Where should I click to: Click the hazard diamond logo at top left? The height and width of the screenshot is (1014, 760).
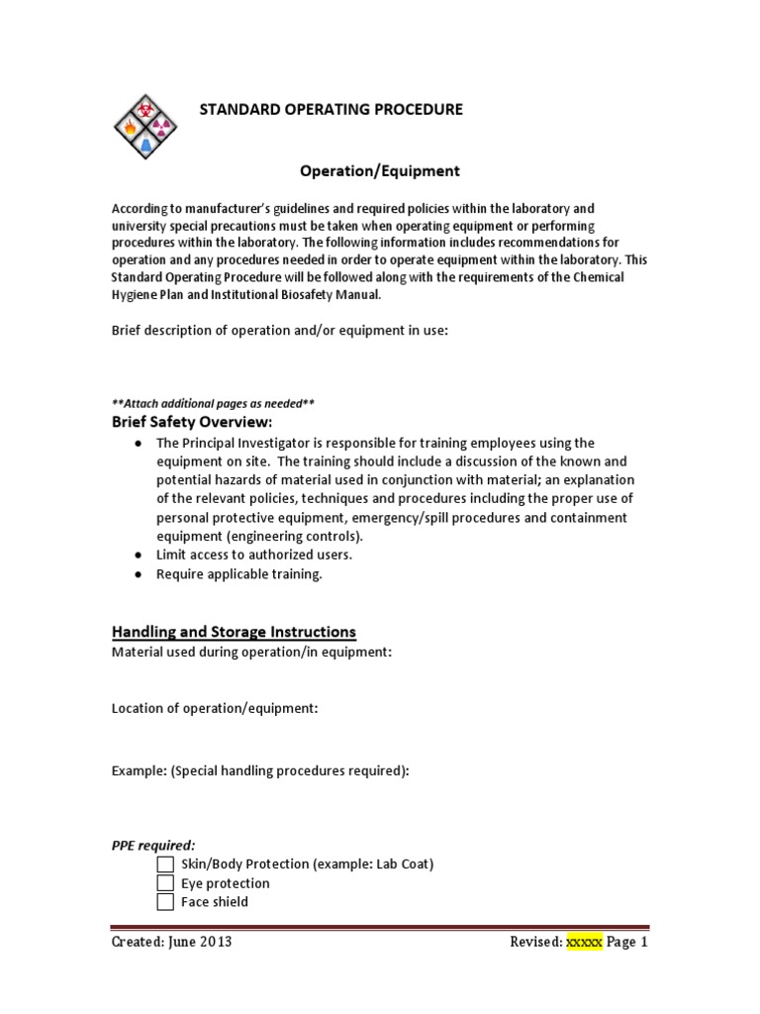click(x=145, y=128)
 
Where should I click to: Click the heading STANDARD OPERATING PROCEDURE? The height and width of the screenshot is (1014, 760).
click(x=332, y=109)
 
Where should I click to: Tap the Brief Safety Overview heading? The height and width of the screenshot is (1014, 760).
click(x=191, y=423)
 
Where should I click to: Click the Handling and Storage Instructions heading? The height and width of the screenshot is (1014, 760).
click(x=234, y=632)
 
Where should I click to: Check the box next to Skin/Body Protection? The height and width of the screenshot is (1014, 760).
click(x=165, y=864)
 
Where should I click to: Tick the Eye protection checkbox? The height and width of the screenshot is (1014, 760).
click(x=165, y=883)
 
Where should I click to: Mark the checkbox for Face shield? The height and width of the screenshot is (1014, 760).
click(x=165, y=902)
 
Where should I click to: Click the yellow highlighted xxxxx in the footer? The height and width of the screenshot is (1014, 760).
click(x=583, y=943)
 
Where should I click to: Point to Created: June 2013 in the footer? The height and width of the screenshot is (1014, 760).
click(x=172, y=943)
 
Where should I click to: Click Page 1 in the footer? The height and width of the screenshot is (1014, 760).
click(x=627, y=943)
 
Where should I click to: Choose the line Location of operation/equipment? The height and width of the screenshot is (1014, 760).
click(x=215, y=708)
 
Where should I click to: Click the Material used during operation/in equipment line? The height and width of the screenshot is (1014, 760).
click(x=251, y=652)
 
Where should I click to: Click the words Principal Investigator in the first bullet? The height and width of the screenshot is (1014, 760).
click(x=241, y=443)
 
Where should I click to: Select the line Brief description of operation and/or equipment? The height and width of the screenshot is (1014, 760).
click(x=280, y=331)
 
